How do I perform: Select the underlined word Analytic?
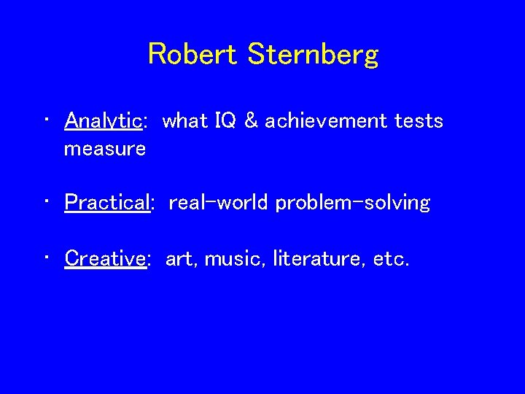[103, 121]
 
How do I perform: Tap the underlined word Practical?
[106, 202]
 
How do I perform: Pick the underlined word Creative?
[105, 258]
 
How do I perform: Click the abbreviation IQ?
[226, 121]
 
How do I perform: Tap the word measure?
[105, 149]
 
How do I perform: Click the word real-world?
[219, 202]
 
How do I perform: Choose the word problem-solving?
[353, 203]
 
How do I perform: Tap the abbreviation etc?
[389, 258]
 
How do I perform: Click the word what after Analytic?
[186, 121]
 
